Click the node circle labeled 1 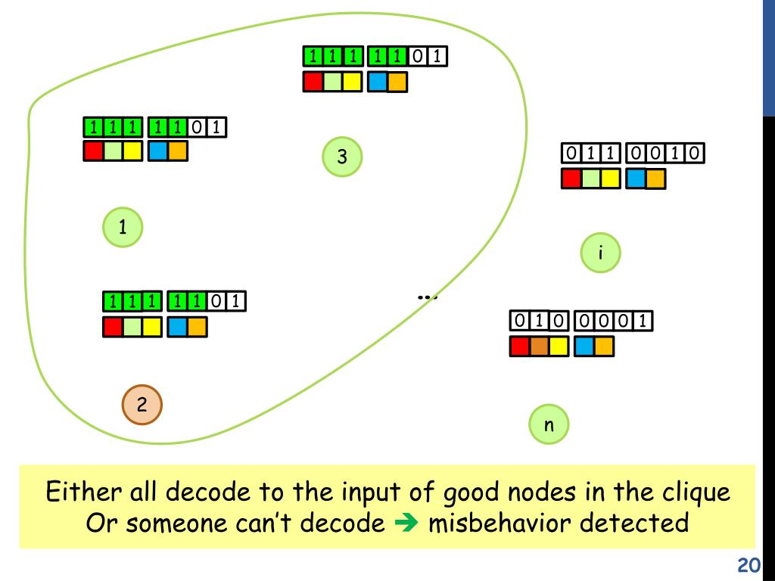pyautogui.click(x=122, y=225)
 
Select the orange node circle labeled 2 pyautogui.click(x=142, y=404)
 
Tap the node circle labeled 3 pyautogui.click(x=341, y=157)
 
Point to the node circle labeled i pyautogui.click(x=600, y=253)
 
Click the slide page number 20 pyautogui.click(x=748, y=566)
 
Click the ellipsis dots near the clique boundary pyautogui.click(x=428, y=297)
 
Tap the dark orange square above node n pyautogui.click(x=539, y=346)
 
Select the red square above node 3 pyautogui.click(x=313, y=82)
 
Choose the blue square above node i pyautogui.click(x=636, y=179)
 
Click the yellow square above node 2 pyautogui.click(x=151, y=327)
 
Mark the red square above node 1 pyautogui.click(x=93, y=151)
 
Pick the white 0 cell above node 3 pyautogui.click(x=418, y=57)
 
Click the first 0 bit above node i pyautogui.click(x=570, y=154)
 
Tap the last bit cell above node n pyautogui.click(x=643, y=322)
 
